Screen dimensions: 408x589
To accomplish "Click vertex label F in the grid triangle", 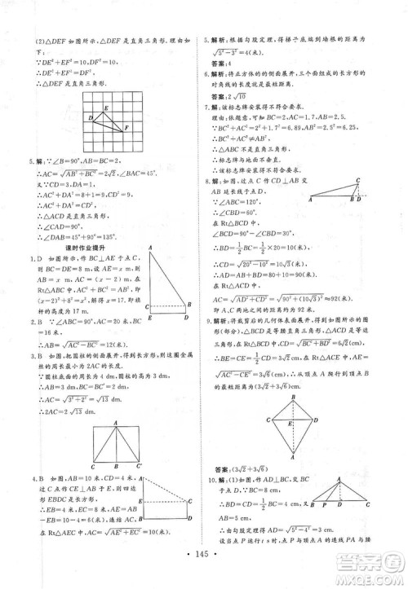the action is coord(126,128).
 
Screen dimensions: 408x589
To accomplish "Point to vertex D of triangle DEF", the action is coord(90,118).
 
